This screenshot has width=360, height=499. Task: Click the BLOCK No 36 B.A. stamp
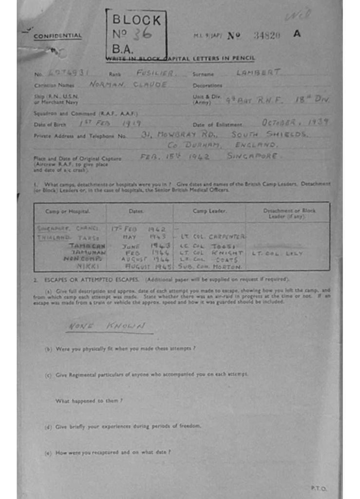click(136, 34)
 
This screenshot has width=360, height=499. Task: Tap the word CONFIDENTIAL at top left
click(57, 36)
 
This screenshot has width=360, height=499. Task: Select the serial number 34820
click(266, 35)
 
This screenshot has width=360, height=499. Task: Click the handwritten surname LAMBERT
click(258, 73)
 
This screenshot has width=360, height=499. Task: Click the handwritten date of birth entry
click(110, 124)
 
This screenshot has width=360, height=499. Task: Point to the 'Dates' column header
click(136, 211)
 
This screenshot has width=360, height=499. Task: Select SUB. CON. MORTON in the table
click(210, 267)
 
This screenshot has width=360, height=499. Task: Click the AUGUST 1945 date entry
click(147, 267)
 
